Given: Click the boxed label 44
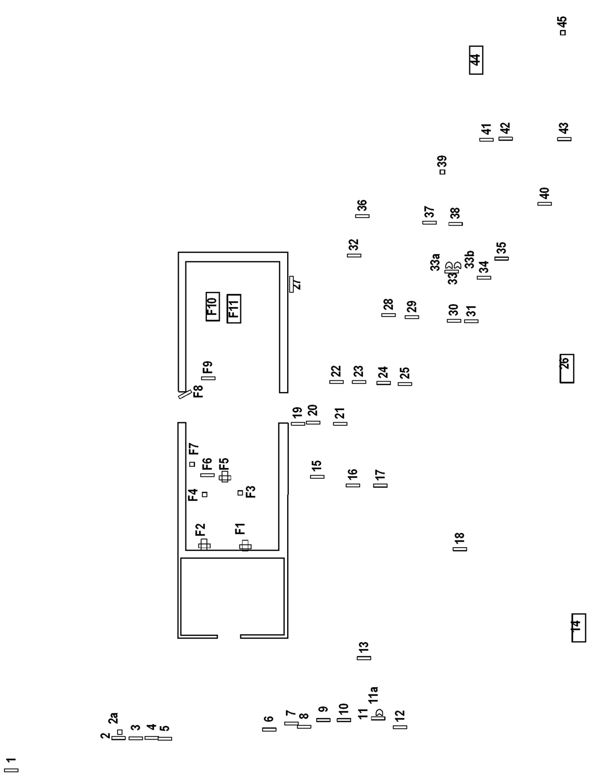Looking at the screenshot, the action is [x=476, y=60].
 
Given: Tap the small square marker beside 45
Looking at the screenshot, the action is [x=563, y=33].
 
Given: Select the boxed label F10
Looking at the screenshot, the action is [x=212, y=306].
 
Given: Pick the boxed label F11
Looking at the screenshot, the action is [x=234, y=309].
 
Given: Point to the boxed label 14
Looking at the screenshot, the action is [x=578, y=628].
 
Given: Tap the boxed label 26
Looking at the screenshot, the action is [x=567, y=368].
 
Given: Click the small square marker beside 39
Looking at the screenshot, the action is [x=442, y=172].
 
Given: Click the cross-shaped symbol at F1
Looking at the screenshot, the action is [x=245, y=546].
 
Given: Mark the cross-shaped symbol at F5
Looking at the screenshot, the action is [x=225, y=477].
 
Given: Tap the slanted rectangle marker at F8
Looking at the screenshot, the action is [x=185, y=394].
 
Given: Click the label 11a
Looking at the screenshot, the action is [x=374, y=695].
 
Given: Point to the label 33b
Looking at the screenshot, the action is [x=469, y=259].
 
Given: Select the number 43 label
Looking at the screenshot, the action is [x=564, y=128].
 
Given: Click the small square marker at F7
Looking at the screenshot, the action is [x=192, y=464].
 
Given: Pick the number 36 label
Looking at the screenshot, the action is [x=362, y=205].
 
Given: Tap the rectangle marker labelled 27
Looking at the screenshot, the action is [x=292, y=284].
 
